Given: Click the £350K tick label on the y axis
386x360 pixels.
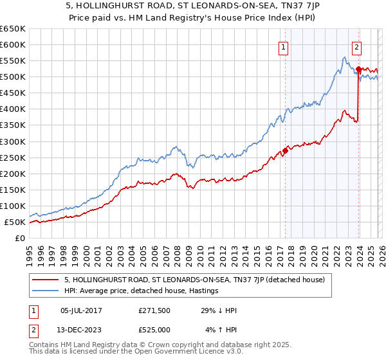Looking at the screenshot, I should point(12,125).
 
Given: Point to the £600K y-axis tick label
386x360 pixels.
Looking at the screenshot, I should point(12,44).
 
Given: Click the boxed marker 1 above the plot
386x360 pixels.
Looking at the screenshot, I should point(284,46).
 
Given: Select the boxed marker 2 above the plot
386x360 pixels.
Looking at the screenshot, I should point(356,46).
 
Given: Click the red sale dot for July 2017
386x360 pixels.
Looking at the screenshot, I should point(285,151).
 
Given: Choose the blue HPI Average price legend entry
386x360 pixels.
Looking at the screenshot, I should point(142,291).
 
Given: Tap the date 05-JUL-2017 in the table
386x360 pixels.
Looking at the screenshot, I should point(80,310).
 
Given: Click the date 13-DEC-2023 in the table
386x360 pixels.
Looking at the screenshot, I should point(80,330).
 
